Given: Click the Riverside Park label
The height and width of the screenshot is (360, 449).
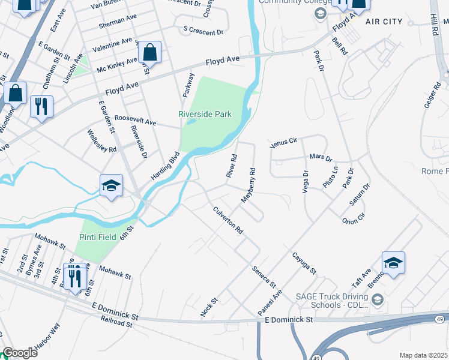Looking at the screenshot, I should tap(205, 114).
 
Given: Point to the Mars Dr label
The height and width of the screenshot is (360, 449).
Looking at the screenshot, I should tap(321, 158).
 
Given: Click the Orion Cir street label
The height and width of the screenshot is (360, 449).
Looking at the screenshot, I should tap(353, 220).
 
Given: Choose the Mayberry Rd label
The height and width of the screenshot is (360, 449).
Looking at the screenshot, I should tap(249, 184).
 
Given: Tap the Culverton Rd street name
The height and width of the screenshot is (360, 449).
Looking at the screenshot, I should tap(228, 220).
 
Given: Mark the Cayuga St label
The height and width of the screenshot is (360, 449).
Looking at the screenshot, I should tap(304, 263).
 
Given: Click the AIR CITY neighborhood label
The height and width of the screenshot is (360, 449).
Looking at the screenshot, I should tap(384, 22).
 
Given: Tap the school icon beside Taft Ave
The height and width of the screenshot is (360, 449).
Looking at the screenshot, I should tap(393, 263).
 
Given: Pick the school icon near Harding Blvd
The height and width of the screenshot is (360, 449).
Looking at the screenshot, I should tap(112, 186).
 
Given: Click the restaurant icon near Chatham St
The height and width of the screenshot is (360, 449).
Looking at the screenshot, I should tap(41, 107).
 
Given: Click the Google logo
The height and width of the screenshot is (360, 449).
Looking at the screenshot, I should tap(20, 353).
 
